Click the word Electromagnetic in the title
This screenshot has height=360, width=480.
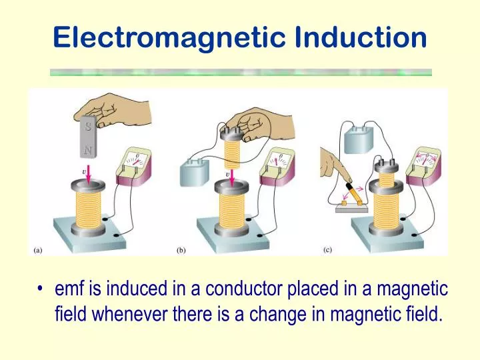click(169, 38)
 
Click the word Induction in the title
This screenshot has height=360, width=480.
click(361, 37)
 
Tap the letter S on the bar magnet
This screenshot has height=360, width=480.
click(88, 126)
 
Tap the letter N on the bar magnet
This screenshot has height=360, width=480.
click(88, 150)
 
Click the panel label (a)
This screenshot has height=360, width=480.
click(37, 251)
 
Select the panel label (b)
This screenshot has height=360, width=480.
click(181, 251)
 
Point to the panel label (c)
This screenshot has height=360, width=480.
click(327, 250)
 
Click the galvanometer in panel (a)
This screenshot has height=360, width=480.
click(135, 166)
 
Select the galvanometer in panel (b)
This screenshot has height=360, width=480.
click(277, 166)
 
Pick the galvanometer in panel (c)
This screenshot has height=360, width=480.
click(424, 165)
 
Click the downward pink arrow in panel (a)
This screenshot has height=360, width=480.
click(89, 175)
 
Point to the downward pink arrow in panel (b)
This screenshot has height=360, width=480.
click(232, 177)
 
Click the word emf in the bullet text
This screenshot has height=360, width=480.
click(69, 289)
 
